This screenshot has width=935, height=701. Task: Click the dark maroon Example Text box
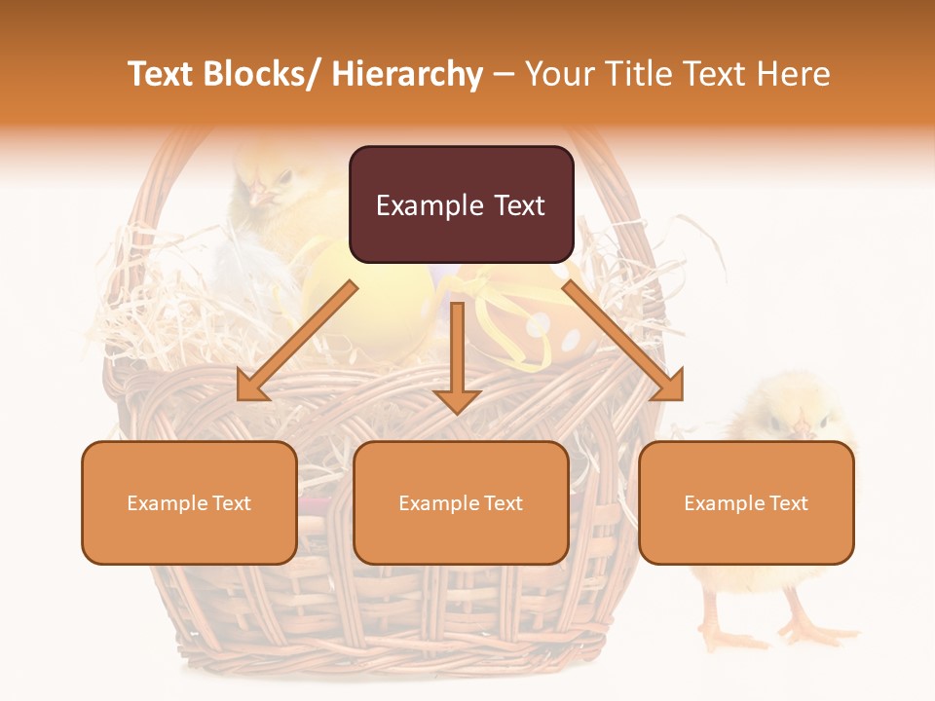click(x=461, y=204)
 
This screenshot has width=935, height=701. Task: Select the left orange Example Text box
click(x=189, y=502)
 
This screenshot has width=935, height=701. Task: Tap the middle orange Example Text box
click(x=461, y=502)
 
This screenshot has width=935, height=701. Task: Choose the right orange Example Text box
click(x=746, y=502)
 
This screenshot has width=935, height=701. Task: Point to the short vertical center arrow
click(x=457, y=356)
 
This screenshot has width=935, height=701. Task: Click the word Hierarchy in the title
click(x=407, y=74)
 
